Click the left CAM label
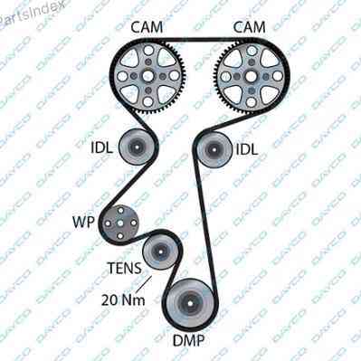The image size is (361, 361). (147, 27)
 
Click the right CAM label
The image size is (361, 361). (250, 27)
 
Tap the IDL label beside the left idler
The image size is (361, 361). (102, 148)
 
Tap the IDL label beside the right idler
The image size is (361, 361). (247, 149)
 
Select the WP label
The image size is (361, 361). (84, 223)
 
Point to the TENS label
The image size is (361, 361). (125, 268)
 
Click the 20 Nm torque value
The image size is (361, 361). (123, 299)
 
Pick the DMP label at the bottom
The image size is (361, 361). (189, 340)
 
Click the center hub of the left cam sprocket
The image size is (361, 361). (147, 76)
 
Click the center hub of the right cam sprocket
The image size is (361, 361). (251, 77)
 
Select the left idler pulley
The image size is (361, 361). (137, 147)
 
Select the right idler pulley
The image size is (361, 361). (214, 149)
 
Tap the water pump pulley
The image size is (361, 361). (120, 223)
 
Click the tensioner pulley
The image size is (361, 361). (160, 252)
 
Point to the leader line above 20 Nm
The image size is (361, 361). (144, 284)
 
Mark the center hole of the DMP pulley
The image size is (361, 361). (191, 303)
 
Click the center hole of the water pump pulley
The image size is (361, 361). (120, 223)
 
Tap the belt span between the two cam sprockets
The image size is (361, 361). (199, 40)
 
